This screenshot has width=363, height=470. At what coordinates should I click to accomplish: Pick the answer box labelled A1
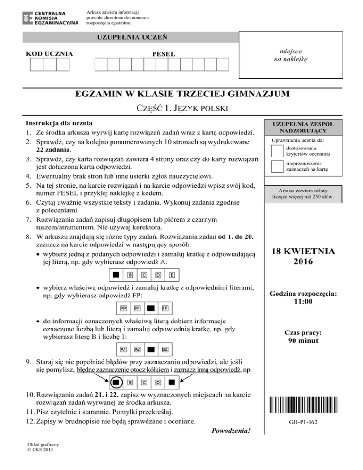(123, 350)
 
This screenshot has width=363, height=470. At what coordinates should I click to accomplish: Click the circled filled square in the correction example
(115, 382)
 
